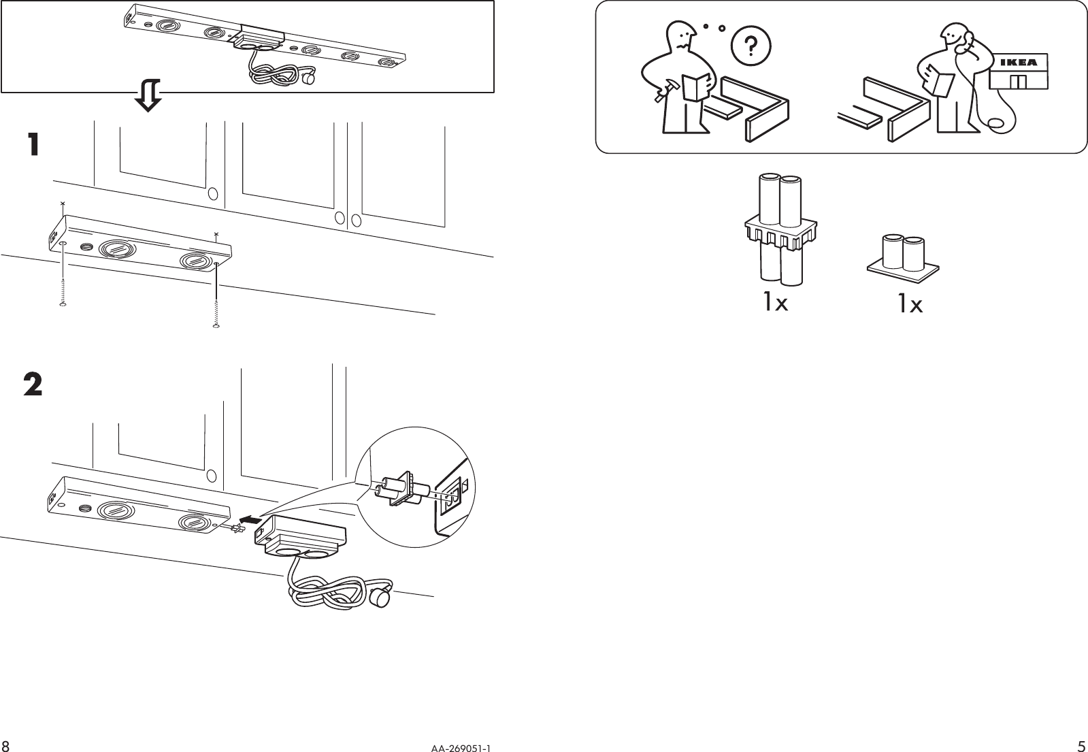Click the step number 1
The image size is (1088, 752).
(33, 144)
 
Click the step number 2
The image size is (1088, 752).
(33, 386)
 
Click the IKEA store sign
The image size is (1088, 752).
(1019, 63)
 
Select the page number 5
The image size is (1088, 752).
(1081, 745)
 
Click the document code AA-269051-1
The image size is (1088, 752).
(460, 747)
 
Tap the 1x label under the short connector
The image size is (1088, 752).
(910, 304)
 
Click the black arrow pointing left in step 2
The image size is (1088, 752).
(252, 520)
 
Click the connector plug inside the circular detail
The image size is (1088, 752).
(402, 487)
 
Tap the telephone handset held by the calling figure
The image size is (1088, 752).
(961, 45)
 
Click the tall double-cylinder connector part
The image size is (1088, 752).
(780, 230)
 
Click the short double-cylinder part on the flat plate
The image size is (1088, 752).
(902, 258)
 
